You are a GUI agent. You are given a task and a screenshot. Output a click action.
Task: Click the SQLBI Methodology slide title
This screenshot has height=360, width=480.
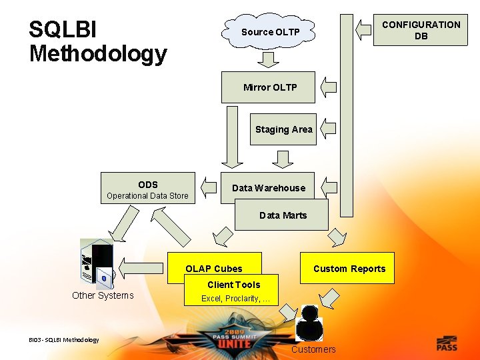coord(97,41)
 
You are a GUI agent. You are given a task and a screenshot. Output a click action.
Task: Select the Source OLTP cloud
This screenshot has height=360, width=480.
coord(270,32)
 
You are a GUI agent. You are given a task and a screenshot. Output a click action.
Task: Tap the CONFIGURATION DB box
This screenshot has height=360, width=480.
coord(421,30)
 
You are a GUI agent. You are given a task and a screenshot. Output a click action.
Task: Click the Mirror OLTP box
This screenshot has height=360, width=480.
coord(268,87)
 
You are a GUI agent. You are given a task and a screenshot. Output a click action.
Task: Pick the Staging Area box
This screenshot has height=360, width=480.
coord(283,129)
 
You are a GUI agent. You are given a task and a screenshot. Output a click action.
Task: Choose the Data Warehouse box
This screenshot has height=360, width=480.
coord(268,188)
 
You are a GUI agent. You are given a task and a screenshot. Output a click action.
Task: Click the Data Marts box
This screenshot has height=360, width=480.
coord(283,215)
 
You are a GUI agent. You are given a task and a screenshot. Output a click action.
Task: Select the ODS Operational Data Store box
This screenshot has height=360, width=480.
coord(147,189)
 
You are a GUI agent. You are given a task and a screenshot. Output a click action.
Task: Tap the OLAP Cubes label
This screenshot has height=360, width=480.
coord(214,269)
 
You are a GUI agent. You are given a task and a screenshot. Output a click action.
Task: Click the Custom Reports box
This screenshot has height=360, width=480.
coord(349,268)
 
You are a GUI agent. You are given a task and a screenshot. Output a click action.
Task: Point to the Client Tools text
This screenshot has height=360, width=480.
coord(233,285)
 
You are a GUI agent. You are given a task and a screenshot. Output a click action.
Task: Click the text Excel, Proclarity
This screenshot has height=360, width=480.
coord(235,299)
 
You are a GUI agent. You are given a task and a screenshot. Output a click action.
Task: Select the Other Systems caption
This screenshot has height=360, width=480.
coord(103,295)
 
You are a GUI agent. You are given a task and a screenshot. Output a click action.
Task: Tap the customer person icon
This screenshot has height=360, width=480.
coord(310,323)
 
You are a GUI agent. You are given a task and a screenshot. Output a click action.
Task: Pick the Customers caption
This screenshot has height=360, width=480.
coord(313,349)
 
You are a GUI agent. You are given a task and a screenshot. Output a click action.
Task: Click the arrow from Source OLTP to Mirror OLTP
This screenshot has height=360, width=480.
coord(269,59)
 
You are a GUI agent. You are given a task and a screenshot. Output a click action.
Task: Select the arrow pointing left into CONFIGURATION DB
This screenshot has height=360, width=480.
coord(363,29)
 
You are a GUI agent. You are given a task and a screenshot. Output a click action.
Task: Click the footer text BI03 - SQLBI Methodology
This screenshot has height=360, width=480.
coord(64,340)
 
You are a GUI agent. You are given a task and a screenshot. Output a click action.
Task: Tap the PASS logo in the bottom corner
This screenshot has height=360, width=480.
coord(447,343)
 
